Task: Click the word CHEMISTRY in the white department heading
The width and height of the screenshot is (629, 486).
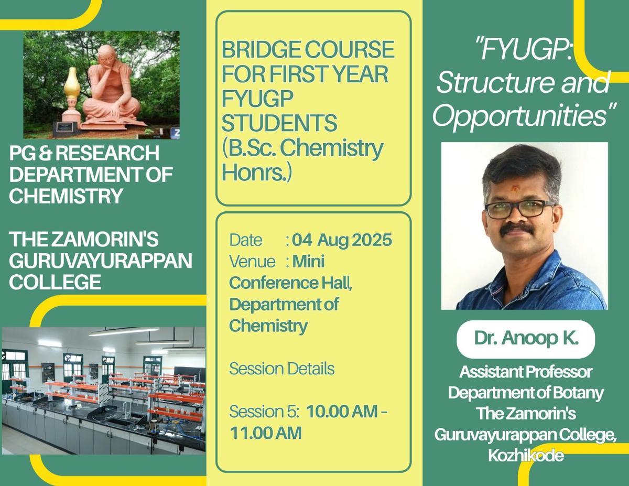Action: [x=67, y=196]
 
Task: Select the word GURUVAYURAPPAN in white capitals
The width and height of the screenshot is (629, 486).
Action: [x=101, y=261]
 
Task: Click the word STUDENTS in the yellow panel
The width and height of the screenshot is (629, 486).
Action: [x=279, y=123]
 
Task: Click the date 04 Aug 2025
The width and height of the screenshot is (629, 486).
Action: [x=342, y=240]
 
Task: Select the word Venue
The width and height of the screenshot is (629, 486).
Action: [x=252, y=262]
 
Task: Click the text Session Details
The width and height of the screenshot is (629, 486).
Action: [x=282, y=369]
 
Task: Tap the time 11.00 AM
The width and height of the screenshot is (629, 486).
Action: [x=266, y=433]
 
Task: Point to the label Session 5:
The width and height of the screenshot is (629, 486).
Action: [x=264, y=412]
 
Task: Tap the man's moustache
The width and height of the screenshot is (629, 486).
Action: [x=517, y=229]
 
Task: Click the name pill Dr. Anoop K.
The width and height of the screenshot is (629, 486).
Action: [x=526, y=339]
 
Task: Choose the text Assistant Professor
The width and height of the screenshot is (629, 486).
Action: [x=526, y=372]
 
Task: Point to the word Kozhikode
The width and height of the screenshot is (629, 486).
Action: [x=526, y=455]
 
